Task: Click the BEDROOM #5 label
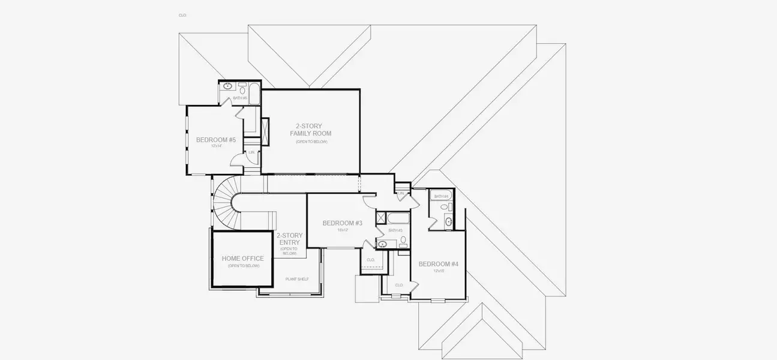click(x=215, y=140)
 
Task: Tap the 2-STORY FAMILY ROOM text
click(x=310, y=130)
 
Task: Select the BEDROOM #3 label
click(x=342, y=223)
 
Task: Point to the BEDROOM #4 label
click(x=438, y=264)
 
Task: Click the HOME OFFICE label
click(x=242, y=259)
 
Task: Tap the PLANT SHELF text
click(x=297, y=278)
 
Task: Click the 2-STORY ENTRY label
click(x=289, y=239)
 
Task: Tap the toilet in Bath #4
click(x=444, y=207)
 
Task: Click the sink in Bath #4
click(x=449, y=223)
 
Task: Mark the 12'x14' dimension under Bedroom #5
click(x=215, y=146)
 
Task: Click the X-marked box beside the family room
click(x=265, y=127)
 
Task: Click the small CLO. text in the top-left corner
click(x=182, y=15)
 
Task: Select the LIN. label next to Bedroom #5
click(x=252, y=153)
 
